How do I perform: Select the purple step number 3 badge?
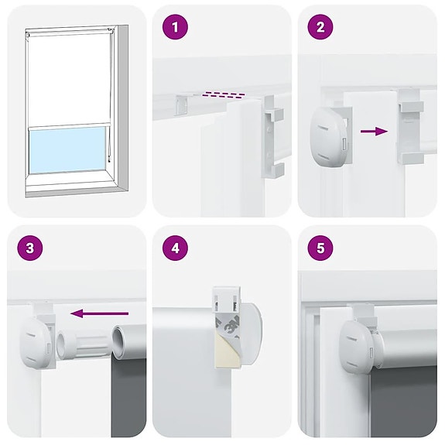(x=29, y=249)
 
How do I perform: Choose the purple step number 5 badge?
(x=320, y=249)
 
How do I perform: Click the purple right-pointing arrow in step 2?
(x=375, y=132)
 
